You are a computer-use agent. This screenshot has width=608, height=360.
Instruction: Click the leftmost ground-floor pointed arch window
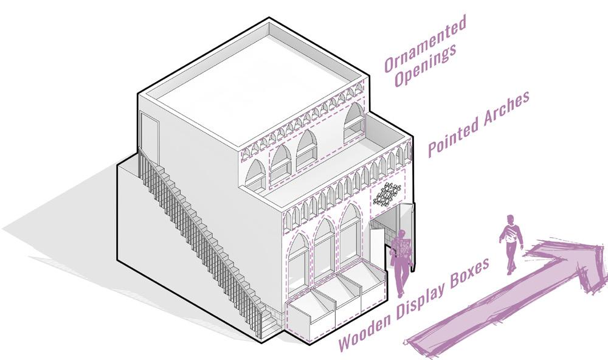[x=298, y=261]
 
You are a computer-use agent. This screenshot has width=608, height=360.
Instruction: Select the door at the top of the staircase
[x=149, y=134]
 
